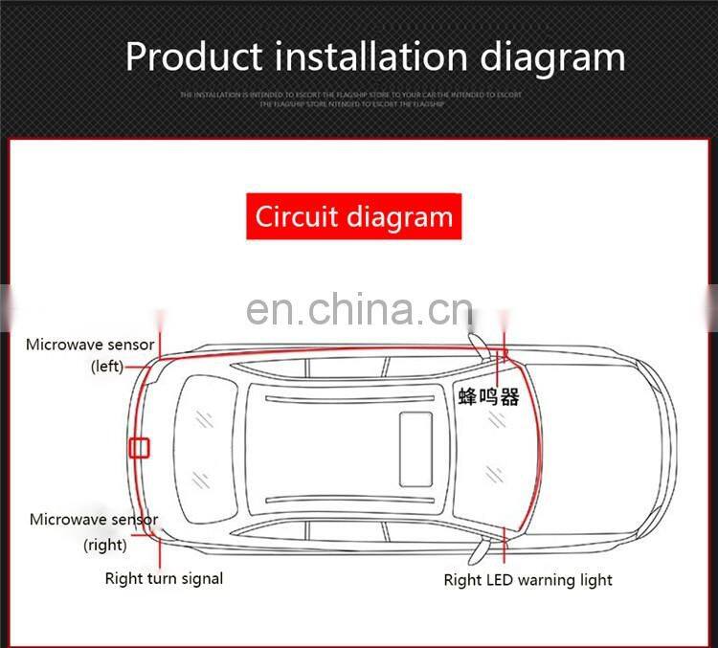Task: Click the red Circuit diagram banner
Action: (x=353, y=216)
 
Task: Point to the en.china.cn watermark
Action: (x=359, y=310)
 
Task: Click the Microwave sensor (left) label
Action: (x=90, y=354)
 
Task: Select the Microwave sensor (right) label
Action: (x=93, y=531)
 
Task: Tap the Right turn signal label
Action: (x=164, y=578)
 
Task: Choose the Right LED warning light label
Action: (x=527, y=579)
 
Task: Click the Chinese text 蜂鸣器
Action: (x=488, y=396)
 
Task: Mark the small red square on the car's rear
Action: (x=140, y=447)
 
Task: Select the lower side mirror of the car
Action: (x=476, y=548)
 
